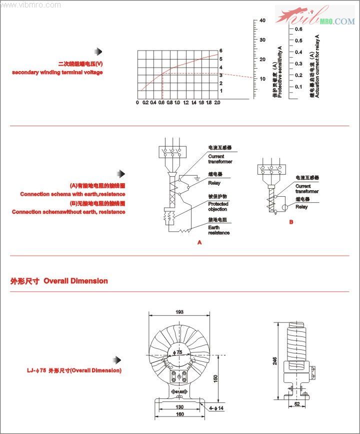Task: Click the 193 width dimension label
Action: point(179,312)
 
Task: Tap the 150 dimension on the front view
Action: point(215,378)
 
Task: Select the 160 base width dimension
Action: point(179,414)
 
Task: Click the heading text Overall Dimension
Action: point(75,281)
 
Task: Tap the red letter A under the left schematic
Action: point(199,242)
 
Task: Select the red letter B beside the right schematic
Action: point(291,222)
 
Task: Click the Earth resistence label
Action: point(218,230)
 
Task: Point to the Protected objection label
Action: point(218,206)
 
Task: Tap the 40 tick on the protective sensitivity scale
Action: point(262,21)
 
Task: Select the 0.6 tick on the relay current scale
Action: point(298,29)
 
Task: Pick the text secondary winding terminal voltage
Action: point(57,73)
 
